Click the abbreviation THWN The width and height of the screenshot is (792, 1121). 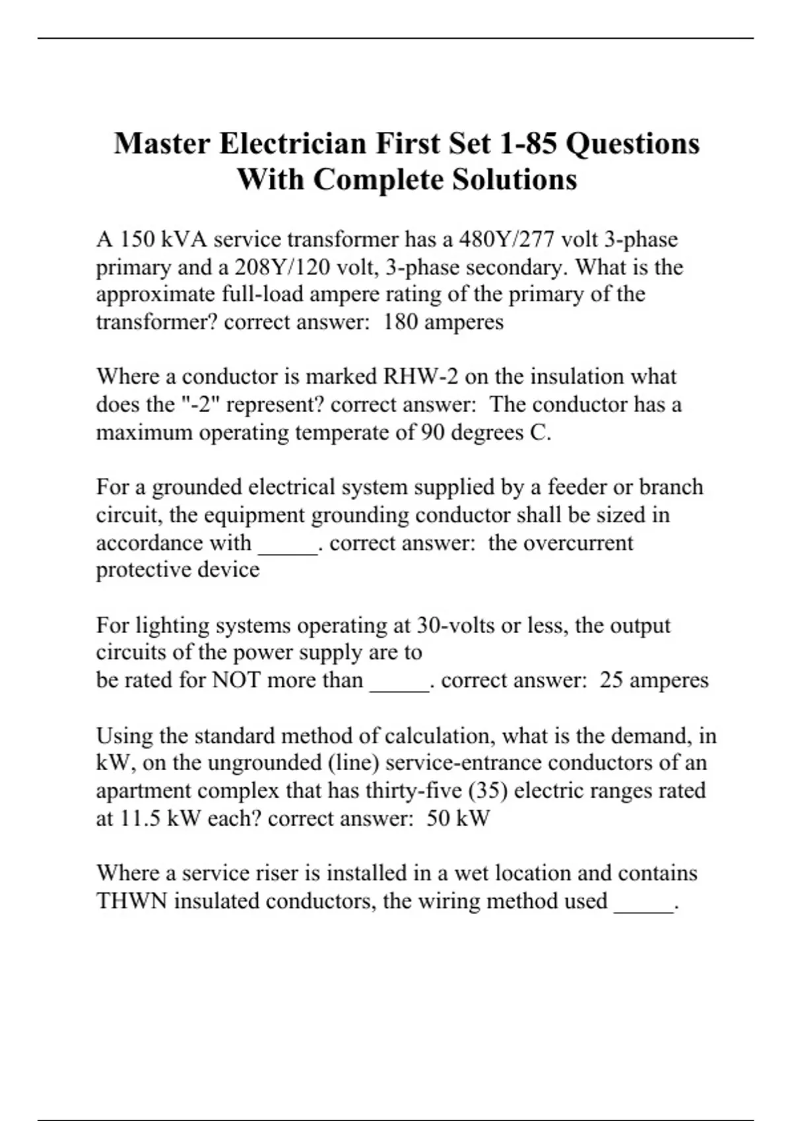tap(132, 901)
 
